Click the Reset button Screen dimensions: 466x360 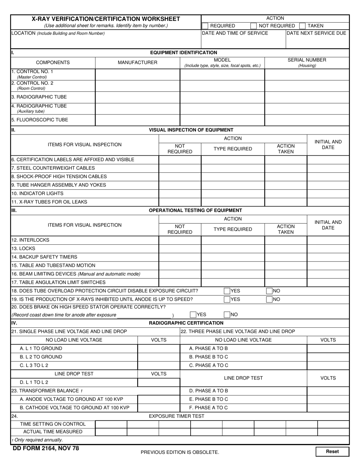[x=332, y=452]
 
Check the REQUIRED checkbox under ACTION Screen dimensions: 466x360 [x=205, y=26]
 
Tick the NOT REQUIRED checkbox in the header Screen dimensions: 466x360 [x=254, y=26]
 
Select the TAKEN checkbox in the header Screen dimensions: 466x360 [x=302, y=26]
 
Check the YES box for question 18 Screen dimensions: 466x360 [x=227, y=291]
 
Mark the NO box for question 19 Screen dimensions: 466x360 [x=269, y=299]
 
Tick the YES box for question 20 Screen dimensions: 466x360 [x=193, y=314]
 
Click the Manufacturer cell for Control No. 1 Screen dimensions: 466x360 [x=137, y=74]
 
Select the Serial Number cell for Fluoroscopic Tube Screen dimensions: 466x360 [x=307, y=120]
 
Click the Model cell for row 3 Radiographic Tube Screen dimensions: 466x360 [x=222, y=97]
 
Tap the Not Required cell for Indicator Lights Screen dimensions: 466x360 [x=180, y=194]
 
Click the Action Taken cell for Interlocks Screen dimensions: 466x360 [x=285, y=240]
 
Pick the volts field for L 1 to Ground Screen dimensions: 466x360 [x=158, y=349]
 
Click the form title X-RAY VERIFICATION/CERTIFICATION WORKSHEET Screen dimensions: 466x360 [x=106, y=19]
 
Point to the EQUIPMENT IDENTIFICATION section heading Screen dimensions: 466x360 [x=184, y=53]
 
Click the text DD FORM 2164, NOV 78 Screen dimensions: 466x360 [x=46, y=449]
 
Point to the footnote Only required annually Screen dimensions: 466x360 [x=37, y=440]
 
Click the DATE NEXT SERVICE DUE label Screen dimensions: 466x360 [x=316, y=33]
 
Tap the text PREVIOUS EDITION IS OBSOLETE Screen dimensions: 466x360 [x=180, y=452]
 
